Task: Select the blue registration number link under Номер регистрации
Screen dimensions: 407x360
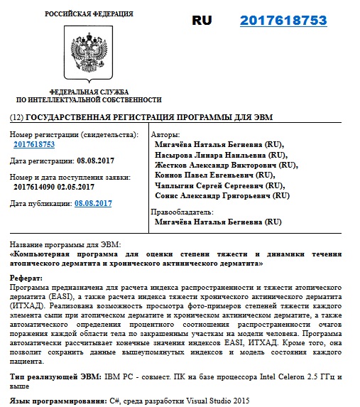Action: pyautogui.click(x=34, y=144)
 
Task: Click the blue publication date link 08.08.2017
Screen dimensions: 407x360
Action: pyautogui.click(x=93, y=203)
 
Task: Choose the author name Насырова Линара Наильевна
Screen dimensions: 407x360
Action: pyautogui.click(x=221, y=154)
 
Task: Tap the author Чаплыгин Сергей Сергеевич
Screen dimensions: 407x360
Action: pyautogui.click(x=219, y=185)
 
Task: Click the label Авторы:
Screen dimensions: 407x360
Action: pyautogui.click(x=165, y=134)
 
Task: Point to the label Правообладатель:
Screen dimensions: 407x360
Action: pyautogui.click(x=182, y=212)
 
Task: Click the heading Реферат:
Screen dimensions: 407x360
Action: pyautogui.click(x=27, y=278)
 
